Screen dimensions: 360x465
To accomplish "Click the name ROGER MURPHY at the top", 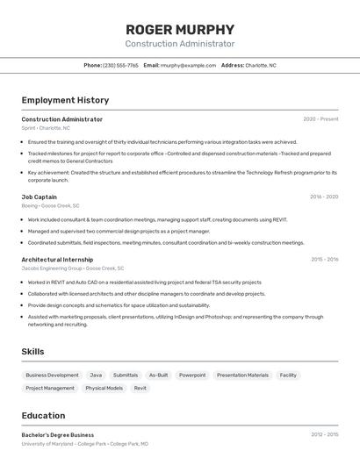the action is point(180,29).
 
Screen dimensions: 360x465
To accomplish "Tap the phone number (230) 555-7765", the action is point(120,65).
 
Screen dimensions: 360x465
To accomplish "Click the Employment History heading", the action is point(65,100).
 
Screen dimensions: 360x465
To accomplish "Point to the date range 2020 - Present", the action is point(320,119).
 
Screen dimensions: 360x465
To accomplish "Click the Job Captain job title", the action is point(39,197).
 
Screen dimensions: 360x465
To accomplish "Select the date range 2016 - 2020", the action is point(324,197).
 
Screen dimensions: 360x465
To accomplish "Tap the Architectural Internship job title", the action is point(57,260).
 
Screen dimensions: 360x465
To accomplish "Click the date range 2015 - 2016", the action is point(324,260).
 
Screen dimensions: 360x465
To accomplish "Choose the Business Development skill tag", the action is point(52,375).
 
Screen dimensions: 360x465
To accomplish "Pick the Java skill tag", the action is point(96,375).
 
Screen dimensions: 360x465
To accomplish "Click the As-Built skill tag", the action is point(158,375).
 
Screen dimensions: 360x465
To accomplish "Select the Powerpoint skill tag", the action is point(192,375).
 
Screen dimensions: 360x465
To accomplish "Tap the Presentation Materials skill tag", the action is point(242,375).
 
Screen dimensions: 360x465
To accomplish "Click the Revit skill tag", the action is point(140,388).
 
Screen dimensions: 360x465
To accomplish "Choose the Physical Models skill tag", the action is point(104,388).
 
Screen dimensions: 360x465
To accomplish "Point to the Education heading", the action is point(43,415).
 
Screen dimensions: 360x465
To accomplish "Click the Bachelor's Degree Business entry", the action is point(58,434).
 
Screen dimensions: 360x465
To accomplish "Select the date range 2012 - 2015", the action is point(324,434).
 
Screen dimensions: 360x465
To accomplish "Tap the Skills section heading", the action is point(33,351).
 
